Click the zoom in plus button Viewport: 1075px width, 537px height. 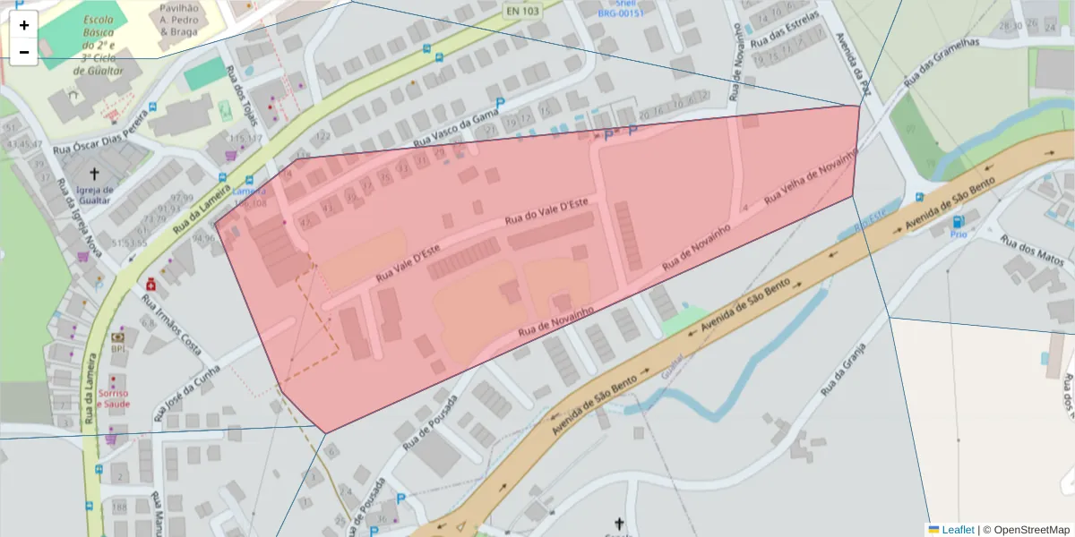coord(24,25)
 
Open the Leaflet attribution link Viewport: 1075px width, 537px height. coord(957,530)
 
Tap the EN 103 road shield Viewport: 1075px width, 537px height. coord(521,11)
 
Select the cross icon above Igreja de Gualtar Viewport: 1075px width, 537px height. coord(94,173)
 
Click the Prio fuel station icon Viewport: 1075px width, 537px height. coord(958,221)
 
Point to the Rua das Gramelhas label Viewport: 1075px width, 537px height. coord(942,62)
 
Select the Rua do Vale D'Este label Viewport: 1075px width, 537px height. coord(546,211)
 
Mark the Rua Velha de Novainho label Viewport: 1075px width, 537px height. coord(810,176)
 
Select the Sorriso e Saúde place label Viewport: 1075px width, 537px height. coord(114,398)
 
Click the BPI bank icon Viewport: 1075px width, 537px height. coord(117,338)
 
